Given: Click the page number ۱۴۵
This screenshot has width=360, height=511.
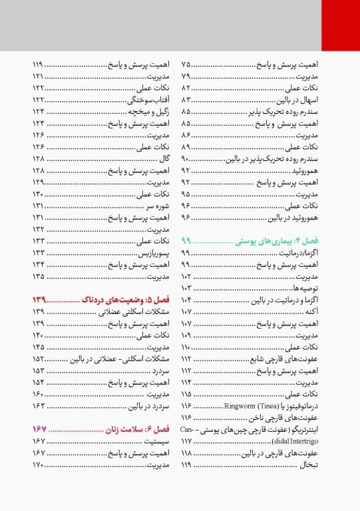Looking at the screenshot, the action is [38, 347].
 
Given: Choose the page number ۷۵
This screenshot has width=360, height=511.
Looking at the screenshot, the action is [186, 65].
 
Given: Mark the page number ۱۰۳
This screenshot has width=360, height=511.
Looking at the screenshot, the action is [186, 289].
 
